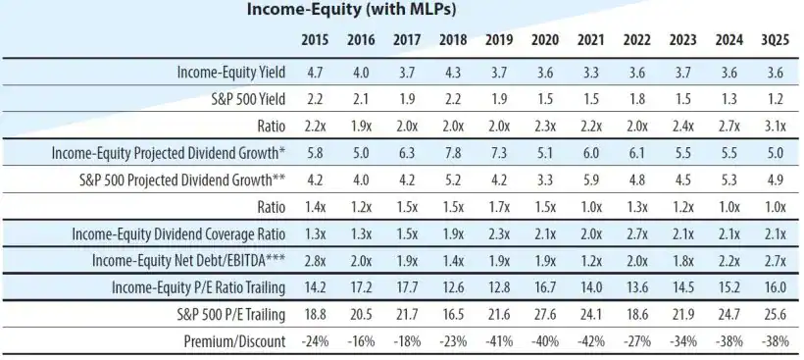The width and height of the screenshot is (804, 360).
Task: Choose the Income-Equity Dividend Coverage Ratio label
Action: [180, 233]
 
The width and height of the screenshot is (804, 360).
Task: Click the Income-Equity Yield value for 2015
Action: [315, 73]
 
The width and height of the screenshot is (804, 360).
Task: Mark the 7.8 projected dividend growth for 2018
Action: [452, 153]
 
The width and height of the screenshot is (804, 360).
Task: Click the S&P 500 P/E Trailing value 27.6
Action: [544, 314]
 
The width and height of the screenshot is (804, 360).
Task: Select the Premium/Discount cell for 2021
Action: [590, 341]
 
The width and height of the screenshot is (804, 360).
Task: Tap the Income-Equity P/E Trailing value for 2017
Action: [406, 287]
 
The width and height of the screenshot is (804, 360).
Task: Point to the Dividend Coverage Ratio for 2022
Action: [636, 233]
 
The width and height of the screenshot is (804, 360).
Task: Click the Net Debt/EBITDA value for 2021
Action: [590, 261]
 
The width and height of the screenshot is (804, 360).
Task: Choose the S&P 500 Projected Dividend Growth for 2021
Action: [590, 180]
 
